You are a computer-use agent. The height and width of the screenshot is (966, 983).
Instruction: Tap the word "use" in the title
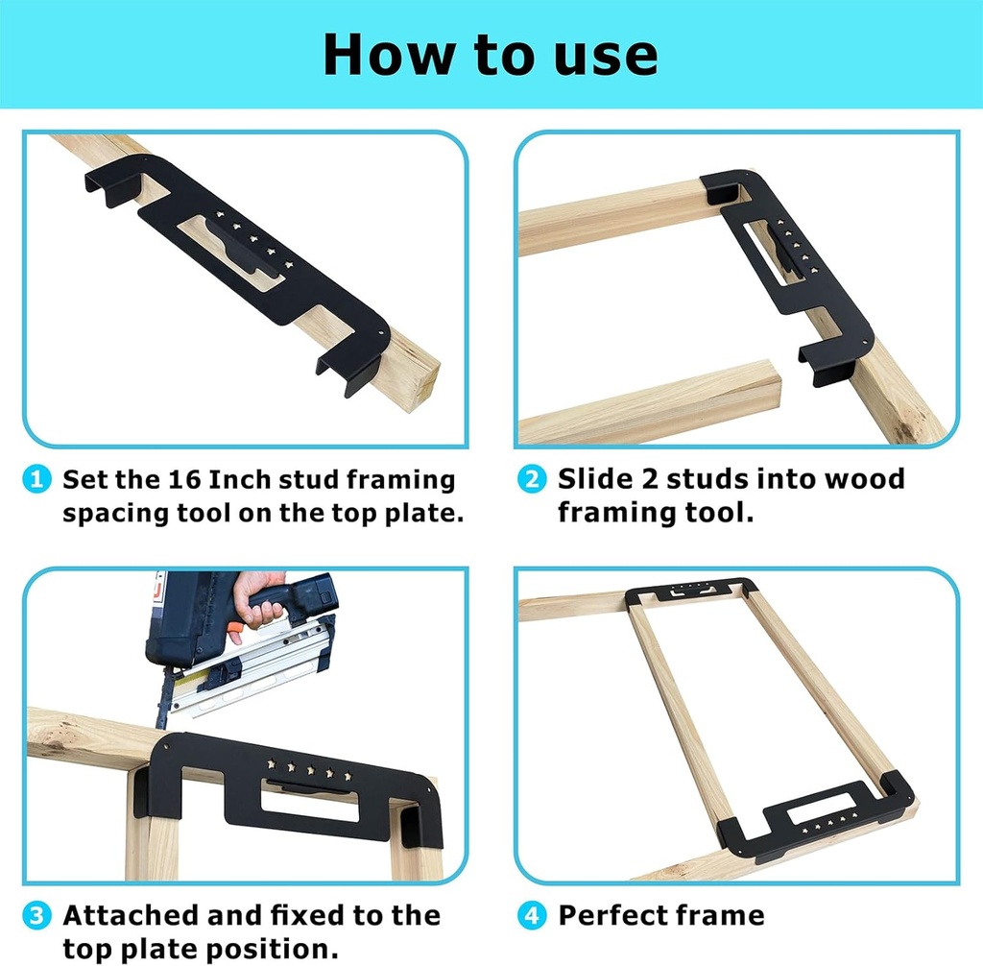click(607, 56)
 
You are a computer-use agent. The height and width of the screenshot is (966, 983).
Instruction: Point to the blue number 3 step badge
click(36, 915)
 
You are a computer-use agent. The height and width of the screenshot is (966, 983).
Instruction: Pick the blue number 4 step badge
click(531, 915)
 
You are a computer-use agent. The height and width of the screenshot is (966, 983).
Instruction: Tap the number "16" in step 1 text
click(187, 479)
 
